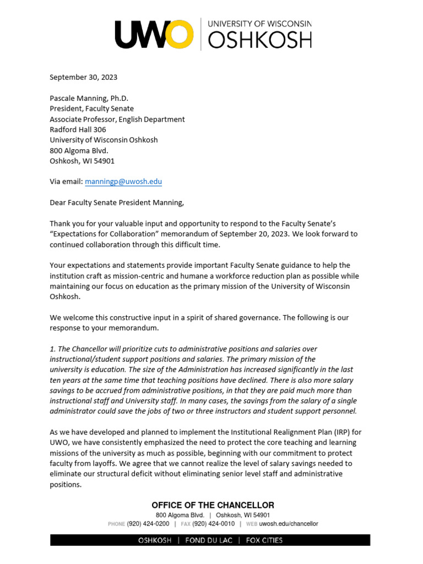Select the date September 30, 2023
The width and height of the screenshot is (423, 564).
coord(83,77)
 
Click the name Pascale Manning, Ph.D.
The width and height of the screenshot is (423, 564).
coord(89,98)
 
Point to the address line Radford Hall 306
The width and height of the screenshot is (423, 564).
coord(78,129)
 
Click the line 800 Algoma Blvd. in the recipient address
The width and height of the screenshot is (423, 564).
coord(79,150)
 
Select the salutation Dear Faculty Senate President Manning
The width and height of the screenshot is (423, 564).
coord(117,203)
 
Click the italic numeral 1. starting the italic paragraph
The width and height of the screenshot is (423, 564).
coord(53,349)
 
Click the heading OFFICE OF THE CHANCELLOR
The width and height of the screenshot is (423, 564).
coord(213,505)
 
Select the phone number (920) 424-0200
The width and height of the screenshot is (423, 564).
coord(148,524)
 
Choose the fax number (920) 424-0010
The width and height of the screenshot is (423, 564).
coord(214,524)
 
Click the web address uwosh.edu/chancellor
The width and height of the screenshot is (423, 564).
coord(289,524)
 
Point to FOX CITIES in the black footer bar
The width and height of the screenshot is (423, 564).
coord(264,540)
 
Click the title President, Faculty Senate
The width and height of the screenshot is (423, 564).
coord(91,109)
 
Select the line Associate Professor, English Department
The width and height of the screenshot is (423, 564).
coord(117,119)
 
